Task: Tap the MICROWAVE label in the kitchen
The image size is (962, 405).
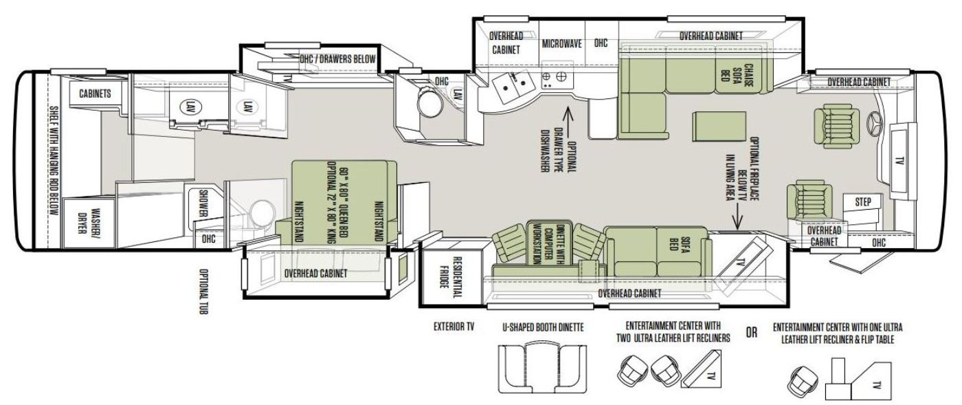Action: click(x=561, y=44)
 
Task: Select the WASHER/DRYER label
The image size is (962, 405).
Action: click(x=87, y=221)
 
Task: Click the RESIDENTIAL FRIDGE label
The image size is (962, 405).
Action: click(x=450, y=277)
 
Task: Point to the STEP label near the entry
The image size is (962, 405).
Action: click(x=863, y=202)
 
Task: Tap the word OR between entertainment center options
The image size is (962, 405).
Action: click(x=751, y=332)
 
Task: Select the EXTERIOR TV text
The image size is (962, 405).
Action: click(x=454, y=327)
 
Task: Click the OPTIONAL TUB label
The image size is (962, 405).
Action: click(x=203, y=292)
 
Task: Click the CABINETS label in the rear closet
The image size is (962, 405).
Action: click(x=95, y=94)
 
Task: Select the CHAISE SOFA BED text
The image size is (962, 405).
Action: click(x=737, y=76)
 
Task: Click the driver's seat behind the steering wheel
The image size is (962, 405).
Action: click(x=836, y=126)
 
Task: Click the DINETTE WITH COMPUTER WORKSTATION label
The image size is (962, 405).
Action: click(x=548, y=243)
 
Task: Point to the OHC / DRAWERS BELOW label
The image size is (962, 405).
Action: click(x=337, y=59)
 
